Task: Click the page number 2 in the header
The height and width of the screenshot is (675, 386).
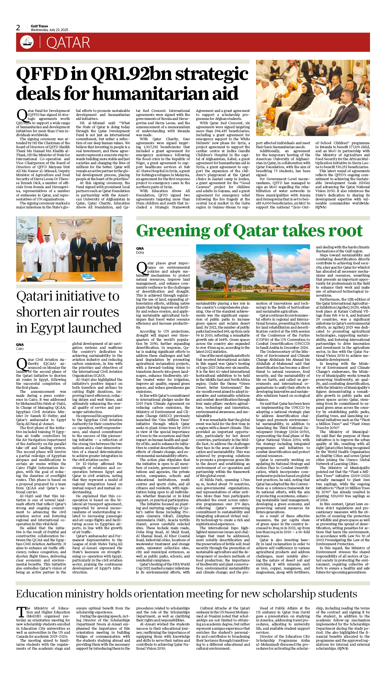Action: pyautogui.click(x=18, y=28)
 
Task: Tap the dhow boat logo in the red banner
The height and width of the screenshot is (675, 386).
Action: pyautogui.click(x=27, y=42)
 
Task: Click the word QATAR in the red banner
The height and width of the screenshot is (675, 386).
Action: pyautogui.click(x=68, y=43)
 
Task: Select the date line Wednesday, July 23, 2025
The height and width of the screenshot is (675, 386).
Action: pyautogui.click(x=49, y=30)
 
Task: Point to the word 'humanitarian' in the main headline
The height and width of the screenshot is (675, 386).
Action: pyautogui.click(x=158, y=93)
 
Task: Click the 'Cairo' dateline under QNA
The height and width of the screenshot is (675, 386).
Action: pyautogui.click(x=20, y=349)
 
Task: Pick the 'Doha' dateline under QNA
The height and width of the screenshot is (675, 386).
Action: pyautogui.click(x=140, y=253)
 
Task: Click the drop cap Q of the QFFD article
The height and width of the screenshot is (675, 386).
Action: pyautogui.click(x=22, y=115)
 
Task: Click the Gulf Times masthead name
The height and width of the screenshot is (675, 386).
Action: pyautogui.click(x=39, y=26)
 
